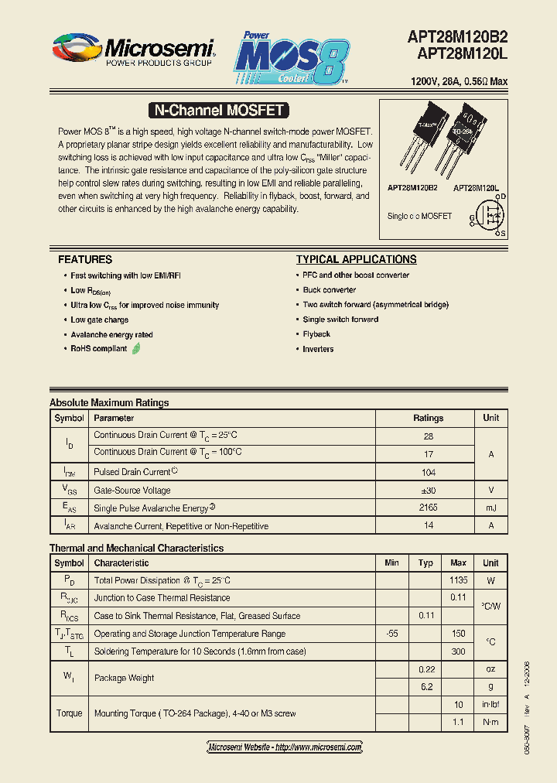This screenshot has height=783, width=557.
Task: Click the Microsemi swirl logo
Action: tap(77, 48)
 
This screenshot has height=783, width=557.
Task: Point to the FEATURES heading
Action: tap(85, 259)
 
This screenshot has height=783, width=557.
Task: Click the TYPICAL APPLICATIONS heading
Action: tap(357, 259)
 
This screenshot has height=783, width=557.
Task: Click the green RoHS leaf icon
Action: tap(137, 349)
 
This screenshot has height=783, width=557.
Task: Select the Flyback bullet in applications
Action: tap(316, 334)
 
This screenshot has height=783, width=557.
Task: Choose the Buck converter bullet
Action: tap(330, 290)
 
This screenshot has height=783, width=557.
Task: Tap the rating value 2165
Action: tap(428, 508)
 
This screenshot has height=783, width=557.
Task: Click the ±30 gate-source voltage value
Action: tap(428, 490)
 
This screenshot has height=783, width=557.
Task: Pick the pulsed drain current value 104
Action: tap(428, 471)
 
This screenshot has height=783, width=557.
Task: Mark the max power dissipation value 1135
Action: tap(458, 580)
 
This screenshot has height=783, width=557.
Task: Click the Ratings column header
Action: tap(428, 418)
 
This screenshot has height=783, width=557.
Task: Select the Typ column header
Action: tap(425, 562)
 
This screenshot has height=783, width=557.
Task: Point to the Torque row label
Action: tap(69, 713)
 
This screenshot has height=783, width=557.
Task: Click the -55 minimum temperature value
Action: tap(391, 634)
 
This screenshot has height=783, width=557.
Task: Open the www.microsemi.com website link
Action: tap(285, 747)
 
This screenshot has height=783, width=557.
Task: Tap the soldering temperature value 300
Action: tap(458, 651)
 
